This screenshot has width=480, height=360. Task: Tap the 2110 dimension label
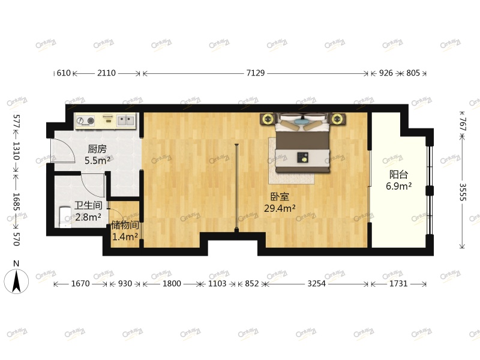click(x=106, y=73)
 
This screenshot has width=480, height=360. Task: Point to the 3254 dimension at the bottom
click(x=316, y=284)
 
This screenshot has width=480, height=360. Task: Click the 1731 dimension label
click(x=398, y=284)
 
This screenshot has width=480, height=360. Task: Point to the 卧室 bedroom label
click(x=280, y=196)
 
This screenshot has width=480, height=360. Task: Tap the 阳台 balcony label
click(x=398, y=175)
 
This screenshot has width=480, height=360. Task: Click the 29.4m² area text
click(x=280, y=208)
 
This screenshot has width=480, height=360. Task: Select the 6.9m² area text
click(x=398, y=187)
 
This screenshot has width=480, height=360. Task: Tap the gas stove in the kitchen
click(x=86, y=121)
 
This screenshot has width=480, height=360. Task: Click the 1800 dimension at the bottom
click(x=172, y=284)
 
